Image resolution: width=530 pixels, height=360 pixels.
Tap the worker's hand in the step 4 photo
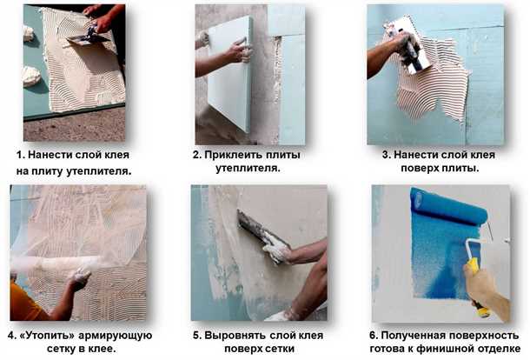click(x=79, y=277)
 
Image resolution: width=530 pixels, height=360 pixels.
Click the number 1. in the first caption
click(x=20, y=155)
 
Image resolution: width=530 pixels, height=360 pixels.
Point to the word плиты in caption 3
click(x=462, y=168)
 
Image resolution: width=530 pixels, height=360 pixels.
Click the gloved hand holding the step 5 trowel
click(x=277, y=252)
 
